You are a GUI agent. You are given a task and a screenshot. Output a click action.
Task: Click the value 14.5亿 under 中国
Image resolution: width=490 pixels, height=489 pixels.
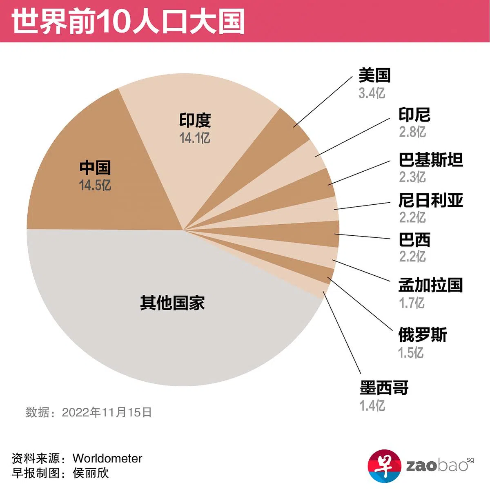coord(95,186)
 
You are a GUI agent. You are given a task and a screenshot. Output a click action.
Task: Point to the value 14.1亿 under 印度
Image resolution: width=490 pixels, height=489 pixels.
coord(195,138)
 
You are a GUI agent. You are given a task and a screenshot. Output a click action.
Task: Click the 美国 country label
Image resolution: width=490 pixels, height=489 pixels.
coord(374,75)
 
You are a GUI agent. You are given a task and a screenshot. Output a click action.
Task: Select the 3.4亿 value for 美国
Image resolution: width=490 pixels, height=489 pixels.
coord(372,93)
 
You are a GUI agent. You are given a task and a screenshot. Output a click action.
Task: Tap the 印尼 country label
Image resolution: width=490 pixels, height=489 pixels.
coord(414,115)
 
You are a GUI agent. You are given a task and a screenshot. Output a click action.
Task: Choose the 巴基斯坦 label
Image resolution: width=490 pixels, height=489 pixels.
coord(431,159)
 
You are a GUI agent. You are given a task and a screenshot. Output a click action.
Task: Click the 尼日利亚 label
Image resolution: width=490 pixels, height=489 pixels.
coord(431,200)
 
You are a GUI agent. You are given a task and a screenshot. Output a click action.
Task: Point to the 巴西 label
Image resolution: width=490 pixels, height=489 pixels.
coord(414,240)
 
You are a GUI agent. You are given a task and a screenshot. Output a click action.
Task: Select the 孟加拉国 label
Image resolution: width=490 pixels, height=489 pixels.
coord(430,285)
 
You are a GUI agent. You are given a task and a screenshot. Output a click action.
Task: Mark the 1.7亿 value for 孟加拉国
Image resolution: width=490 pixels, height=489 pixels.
coord(412,303)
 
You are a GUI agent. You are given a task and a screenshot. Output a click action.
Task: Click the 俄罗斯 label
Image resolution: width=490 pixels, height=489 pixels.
coord(423,335)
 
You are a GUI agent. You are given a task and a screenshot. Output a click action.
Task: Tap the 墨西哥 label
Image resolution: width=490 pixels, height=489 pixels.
coord(384,388)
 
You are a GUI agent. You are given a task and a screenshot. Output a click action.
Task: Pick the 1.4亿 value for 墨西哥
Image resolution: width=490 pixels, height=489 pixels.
coord(372,405)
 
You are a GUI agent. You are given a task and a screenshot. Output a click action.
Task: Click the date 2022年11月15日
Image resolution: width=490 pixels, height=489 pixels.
coord(107,412)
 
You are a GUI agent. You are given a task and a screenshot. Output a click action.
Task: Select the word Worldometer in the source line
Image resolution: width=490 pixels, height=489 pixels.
coord(107,458)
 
